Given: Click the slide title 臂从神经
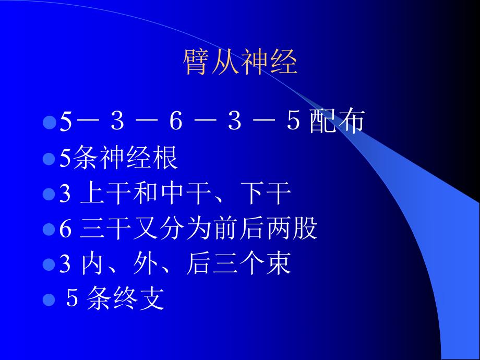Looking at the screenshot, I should [240, 63].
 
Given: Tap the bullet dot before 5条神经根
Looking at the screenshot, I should [50, 158].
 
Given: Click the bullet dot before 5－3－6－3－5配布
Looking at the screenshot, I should [50, 122].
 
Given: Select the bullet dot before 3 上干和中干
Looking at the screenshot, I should [50, 194].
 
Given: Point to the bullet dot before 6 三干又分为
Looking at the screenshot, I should [50, 230].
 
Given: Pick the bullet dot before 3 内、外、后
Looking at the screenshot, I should [50, 265].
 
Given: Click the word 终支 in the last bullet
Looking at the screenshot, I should [139, 301].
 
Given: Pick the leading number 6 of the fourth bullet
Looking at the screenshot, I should [65, 230].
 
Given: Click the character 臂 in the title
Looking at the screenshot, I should [197, 63].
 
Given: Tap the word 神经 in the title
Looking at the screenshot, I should [269, 63].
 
